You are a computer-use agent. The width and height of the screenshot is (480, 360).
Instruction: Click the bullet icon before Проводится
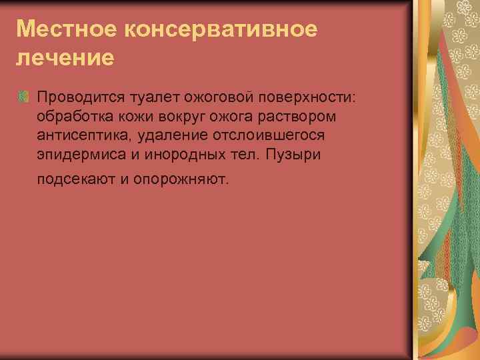(23, 97)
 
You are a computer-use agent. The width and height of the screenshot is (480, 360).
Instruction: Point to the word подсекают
(76, 179)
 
